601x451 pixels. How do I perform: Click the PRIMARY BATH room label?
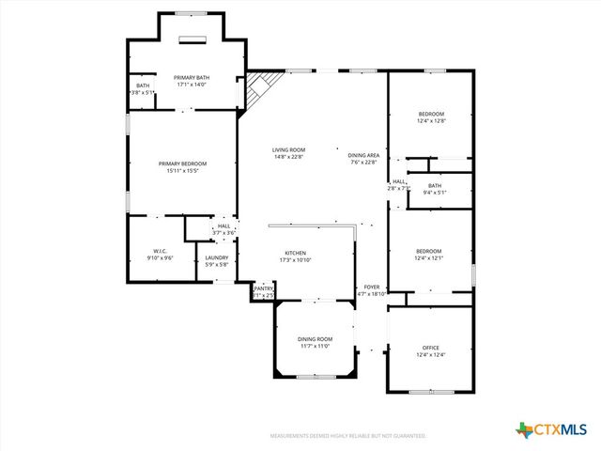coord(193,78)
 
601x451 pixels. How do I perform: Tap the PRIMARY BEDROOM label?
coord(182,163)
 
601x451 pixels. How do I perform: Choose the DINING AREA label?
coord(363,155)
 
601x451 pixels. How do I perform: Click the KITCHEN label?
coord(296,253)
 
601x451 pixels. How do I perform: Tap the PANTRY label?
coord(263,288)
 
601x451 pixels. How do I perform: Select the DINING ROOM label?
coord(316,339)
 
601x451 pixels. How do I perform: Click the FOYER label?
coord(373,288)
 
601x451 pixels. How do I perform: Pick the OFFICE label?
coord(430,348)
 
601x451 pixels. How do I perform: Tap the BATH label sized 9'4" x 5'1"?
coord(434,186)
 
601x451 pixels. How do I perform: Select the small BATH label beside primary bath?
coord(143,86)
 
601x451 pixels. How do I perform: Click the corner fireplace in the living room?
coord(260,87)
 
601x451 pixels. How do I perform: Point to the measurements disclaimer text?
coord(347,436)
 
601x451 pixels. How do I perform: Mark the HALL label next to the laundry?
coord(223,225)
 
